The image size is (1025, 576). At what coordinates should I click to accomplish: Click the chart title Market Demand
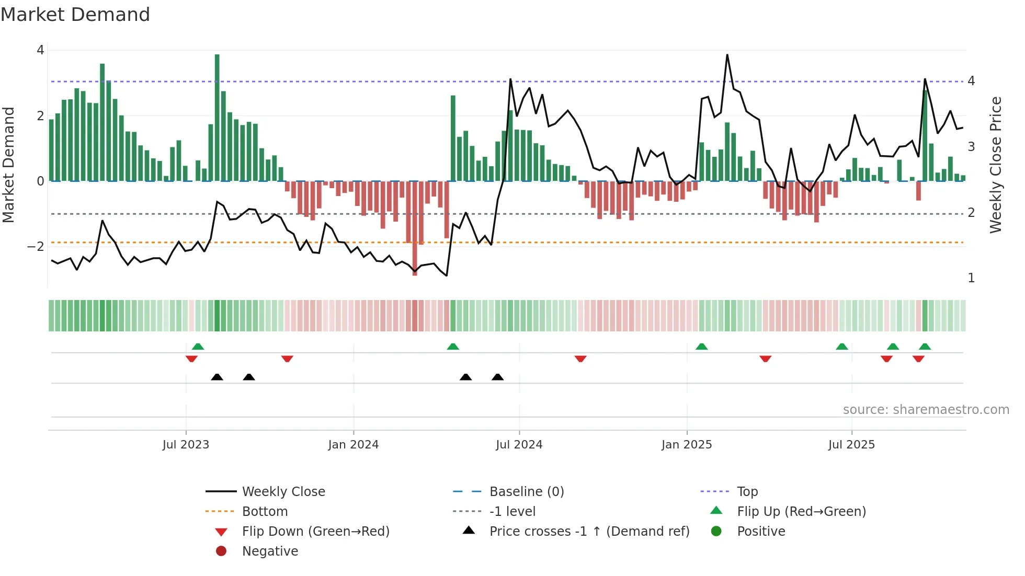point(75,15)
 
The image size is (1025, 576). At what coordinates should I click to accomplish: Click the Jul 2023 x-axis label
point(186,445)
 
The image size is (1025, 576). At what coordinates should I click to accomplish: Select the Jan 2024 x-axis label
point(353,445)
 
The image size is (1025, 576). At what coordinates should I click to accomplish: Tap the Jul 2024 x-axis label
point(519,445)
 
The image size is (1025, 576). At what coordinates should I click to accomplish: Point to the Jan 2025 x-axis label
point(686,445)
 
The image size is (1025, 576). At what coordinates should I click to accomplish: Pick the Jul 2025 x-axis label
point(851,445)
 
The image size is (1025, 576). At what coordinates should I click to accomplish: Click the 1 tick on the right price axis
point(971,278)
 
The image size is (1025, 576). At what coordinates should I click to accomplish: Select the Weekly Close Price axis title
point(996,165)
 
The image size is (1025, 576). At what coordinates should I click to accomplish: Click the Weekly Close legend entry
point(283,492)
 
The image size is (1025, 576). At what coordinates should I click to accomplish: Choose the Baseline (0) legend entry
point(526,492)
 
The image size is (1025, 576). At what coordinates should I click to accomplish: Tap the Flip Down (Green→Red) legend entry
point(315,532)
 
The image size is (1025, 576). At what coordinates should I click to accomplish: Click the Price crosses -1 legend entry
point(589,532)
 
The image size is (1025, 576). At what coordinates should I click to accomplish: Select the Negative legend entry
point(270,551)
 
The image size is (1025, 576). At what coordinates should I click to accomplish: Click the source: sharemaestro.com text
point(926,410)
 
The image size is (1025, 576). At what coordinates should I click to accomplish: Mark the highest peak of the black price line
point(727,55)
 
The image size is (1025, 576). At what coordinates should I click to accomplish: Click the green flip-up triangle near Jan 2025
point(701,347)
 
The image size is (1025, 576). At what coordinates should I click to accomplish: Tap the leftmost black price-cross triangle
point(217,377)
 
